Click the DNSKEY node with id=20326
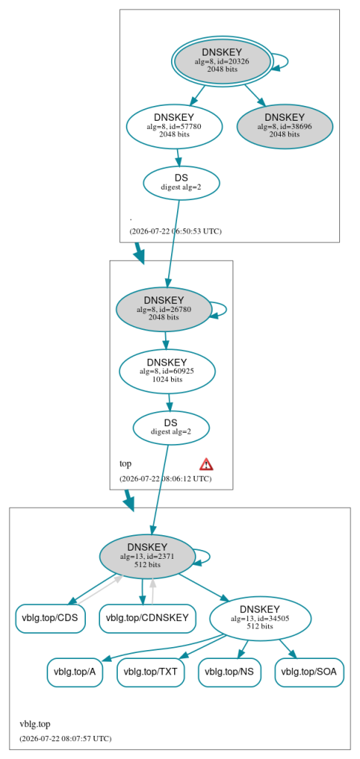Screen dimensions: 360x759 [222, 60]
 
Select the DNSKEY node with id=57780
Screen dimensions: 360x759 [174, 126]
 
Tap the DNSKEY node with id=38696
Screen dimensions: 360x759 [284, 126]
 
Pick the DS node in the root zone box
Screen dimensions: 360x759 [181, 182]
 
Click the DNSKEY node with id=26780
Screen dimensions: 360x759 [164, 309]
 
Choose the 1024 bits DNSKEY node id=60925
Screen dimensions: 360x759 [167, 371]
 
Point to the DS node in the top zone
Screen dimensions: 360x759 [171, 428]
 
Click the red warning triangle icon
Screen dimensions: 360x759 [206, 464]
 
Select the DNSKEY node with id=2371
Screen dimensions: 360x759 [147, 556]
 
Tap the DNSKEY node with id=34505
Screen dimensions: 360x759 [260, 617]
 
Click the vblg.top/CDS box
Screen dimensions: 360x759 [50, 618]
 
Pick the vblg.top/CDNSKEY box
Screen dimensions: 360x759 [147, 618]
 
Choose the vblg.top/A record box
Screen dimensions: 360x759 [75, 672]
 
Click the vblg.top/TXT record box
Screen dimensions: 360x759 [151, 672]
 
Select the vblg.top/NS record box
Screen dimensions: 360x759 [230, 672]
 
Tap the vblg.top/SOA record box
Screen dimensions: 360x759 [309, 672]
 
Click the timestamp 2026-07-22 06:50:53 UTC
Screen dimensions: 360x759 [176, 231]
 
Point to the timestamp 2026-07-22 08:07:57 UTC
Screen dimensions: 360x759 [65, 739]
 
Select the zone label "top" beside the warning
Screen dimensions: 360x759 [125, 464]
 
